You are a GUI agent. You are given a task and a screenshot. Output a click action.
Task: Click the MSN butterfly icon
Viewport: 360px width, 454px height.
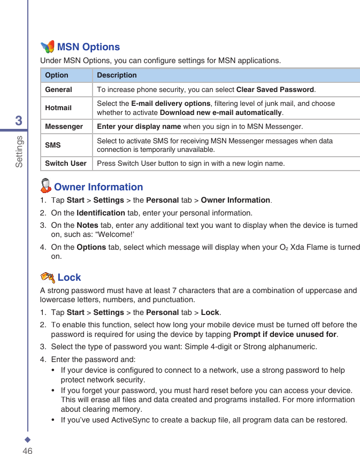pyautogui.click(x=48, y=47)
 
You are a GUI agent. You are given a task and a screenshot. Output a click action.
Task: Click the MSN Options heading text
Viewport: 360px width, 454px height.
pyautogui.click(x=88, y=47)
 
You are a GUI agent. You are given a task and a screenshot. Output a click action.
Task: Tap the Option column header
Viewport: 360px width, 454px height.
pyautogui.click(x=57, y=75)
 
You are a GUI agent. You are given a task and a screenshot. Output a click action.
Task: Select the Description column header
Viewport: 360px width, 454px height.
pyautogui.click(x=117, y=75)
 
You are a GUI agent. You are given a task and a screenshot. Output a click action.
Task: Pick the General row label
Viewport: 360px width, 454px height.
pyautogui.click(x=58, y=89)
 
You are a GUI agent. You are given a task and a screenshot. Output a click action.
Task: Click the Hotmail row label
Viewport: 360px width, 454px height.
pyautogui.click(x=58, y=107)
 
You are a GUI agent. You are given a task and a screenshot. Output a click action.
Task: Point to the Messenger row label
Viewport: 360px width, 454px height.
pyautogui.click(x=64, y=127)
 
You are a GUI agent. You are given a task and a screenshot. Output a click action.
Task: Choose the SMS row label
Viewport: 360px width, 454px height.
pyautogui.click(x=53, y=145)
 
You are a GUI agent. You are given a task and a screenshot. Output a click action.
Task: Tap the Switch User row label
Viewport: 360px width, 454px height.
pyautogui.click(x=65, y=163)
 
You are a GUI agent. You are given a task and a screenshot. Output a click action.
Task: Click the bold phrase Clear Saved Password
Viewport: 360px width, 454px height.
pyautogui.click(x=275, y=89)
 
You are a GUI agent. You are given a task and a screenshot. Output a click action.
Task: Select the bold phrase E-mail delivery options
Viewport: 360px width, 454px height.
pyautogui.click(x=171, y=103)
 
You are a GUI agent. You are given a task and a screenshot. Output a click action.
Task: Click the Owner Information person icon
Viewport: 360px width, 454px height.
pyautogui.click(x=46, y=186)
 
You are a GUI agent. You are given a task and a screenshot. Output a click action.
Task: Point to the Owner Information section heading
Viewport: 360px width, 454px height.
pyautogui.click(x=98, y=187)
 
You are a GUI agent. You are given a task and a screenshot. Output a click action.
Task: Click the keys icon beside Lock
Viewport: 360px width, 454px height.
pyautogui.click(x=48, y=277)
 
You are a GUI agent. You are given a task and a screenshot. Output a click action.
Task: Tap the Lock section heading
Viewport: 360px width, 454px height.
pyautogui.click(x=70, y=278)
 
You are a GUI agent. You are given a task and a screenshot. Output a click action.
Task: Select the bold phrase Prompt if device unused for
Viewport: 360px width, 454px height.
pyautogui.click(x=285, y=335)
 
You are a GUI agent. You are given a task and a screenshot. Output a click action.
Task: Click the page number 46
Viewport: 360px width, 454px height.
pyautogui.click(x=27, y=451)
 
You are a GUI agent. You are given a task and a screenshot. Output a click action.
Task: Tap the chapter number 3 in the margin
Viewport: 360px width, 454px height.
pyautogui.click(x=19, y=121)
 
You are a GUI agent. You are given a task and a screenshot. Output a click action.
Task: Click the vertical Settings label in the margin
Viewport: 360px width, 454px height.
pyautogui.click(x=19, y=151)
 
